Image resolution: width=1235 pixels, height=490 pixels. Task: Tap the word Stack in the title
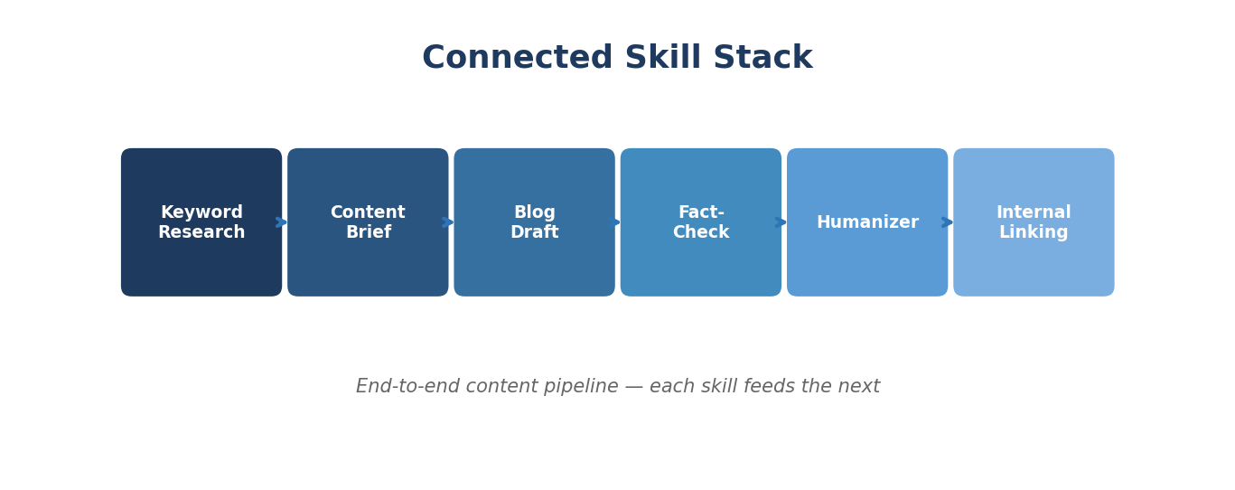763,59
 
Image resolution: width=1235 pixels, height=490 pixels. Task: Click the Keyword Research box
201,262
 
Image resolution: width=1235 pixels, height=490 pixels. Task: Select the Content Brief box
368,262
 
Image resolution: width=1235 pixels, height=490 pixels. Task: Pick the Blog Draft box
534,262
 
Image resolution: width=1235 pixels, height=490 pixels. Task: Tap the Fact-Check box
701,262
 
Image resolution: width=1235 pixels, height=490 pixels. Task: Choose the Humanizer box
867,262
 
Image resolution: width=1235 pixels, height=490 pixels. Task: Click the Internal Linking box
1034,262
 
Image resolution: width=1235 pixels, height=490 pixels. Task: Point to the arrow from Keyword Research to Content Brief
282,222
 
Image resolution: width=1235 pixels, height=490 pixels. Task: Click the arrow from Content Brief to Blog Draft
448,222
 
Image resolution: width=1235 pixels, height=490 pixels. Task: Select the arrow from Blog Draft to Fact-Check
615,222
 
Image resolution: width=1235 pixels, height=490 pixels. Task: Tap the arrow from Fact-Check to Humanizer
781,222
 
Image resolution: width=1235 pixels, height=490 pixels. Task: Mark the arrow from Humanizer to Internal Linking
948,222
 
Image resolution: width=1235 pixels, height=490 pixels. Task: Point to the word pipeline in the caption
579,387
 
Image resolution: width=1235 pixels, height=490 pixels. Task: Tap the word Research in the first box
201,233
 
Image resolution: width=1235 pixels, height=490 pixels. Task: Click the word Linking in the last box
1034,233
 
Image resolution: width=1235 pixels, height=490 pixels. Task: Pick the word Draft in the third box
534,233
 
